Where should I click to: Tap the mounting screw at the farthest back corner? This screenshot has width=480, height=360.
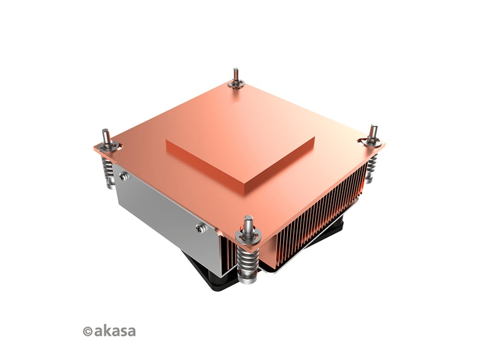coord(235,77)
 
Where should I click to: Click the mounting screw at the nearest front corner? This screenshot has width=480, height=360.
coord(248,225)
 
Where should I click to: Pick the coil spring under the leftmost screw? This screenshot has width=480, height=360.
coord(107,172)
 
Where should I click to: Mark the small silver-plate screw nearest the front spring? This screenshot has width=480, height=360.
coord(200,227)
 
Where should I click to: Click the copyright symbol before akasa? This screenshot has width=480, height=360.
coord(87,331)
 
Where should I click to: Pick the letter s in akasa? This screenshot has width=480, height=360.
coord(122,331)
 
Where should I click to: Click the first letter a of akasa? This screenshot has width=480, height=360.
coord(97,331)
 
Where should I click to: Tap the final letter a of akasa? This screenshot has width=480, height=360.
coord(131,331)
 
